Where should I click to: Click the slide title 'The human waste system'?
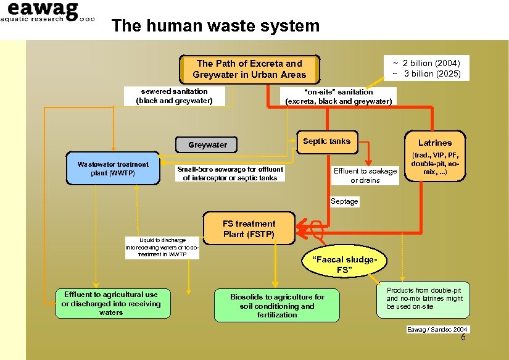[215, 26]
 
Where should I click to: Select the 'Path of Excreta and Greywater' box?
[249, 69]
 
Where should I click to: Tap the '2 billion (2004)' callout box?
[426, 69]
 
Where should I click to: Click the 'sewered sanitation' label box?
[174, 96]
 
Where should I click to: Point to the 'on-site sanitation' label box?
[338, 96]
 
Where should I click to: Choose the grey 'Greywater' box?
[208, 145]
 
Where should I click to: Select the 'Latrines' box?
[435, 157]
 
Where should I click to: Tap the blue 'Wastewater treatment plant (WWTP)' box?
[112, 169]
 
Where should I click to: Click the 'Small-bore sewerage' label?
[230, 174]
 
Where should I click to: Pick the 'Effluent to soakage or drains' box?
[365, 176]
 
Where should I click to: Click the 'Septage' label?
[344, 201]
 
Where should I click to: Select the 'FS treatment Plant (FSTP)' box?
[249, 228]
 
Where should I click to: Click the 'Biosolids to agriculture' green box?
[277, 306]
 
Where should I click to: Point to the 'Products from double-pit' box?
[424, 298]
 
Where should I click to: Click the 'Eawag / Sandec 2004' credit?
[437, 329]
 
